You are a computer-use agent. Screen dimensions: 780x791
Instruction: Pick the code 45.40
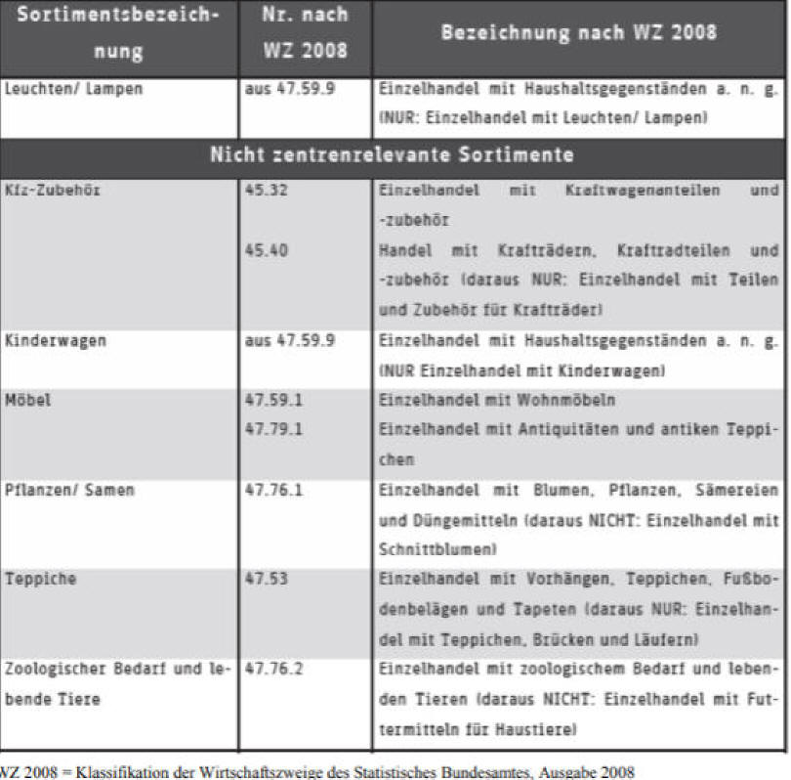click(266, 250)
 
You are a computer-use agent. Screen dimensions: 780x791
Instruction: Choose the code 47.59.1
click(274, 401)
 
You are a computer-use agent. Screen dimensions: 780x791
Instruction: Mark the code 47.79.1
click(274, 429)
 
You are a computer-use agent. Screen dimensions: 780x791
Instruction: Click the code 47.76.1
click(274, 491)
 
